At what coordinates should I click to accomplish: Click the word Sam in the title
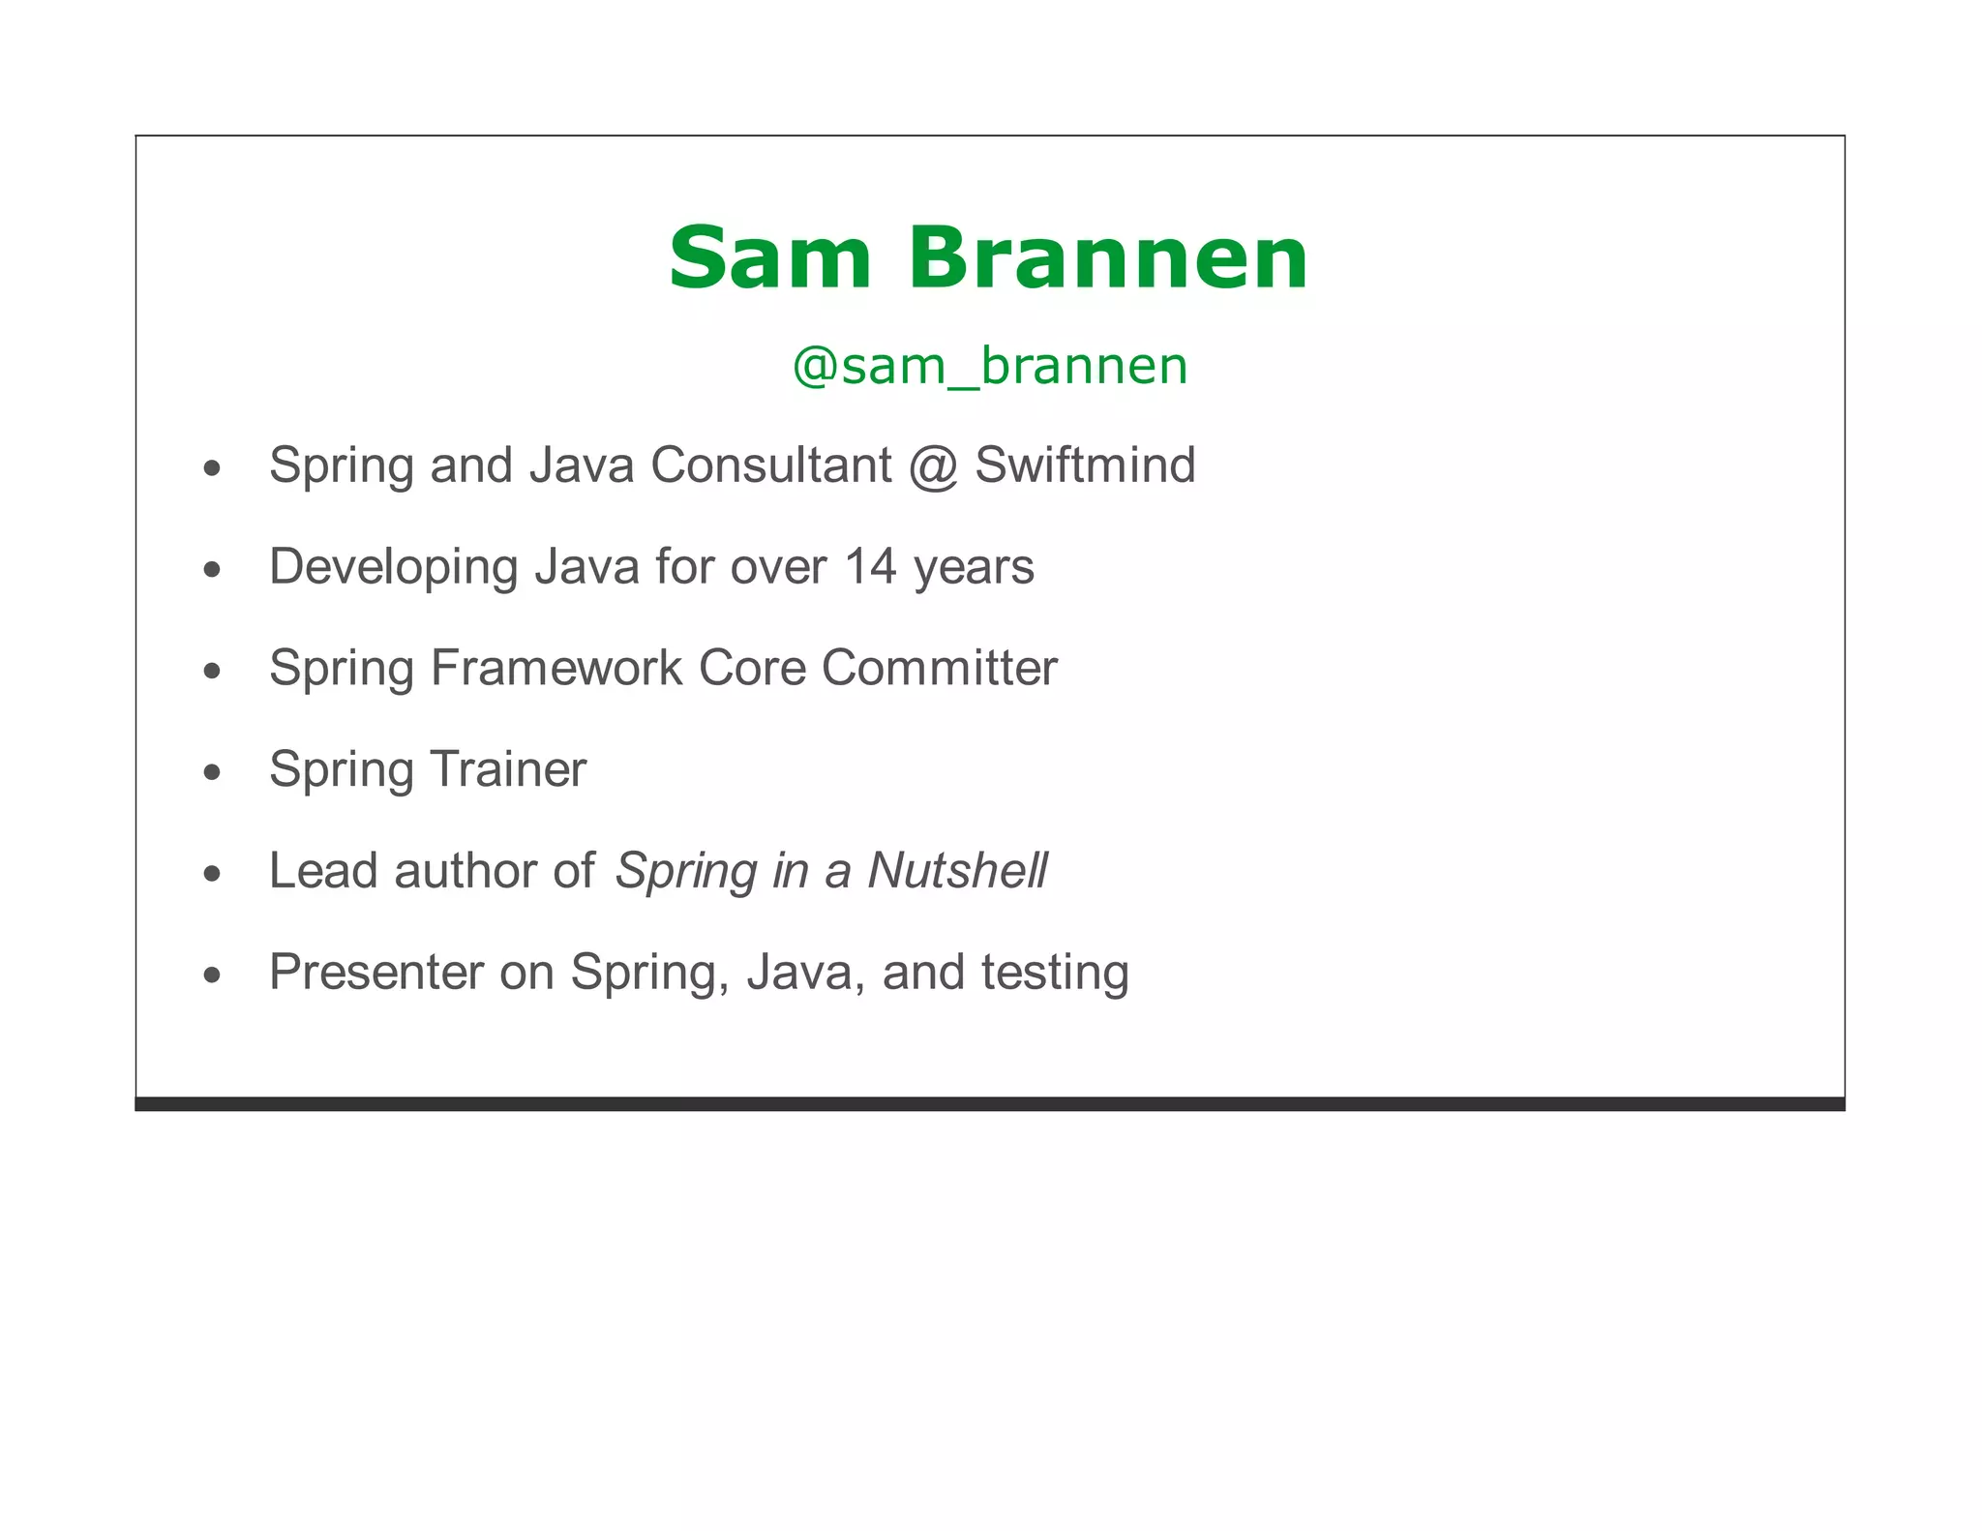point(770,258)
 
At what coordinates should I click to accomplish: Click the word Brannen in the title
point(1108,258)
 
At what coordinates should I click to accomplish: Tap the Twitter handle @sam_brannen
point(990,366)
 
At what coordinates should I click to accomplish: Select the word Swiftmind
point(1085,465)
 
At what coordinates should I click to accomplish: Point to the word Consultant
point(771,465)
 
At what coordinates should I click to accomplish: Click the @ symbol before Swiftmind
point(933,467)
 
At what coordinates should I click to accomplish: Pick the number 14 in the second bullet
point(871,566)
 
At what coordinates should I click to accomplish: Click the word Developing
point(394,568)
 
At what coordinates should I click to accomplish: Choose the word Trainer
point(508,769)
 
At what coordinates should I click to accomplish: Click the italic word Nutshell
point(957,870)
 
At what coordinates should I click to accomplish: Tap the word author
point(465,870)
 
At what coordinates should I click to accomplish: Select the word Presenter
point(375,972)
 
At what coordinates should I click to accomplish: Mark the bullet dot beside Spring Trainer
point(212,772)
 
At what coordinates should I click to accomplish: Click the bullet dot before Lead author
point(212,874)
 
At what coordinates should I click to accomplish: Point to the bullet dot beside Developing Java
point(212,570)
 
